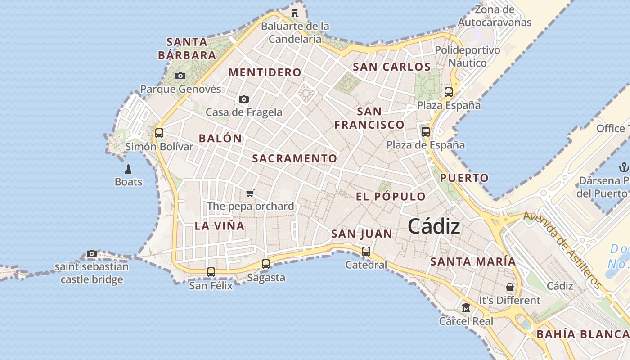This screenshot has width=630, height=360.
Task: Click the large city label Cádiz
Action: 434,226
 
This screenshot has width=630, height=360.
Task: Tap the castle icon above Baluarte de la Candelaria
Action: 295,13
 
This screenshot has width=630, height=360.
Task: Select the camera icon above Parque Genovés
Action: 180,76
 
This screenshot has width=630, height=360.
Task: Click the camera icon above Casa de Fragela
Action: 244,99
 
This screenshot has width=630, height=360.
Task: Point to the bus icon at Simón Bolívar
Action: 159,133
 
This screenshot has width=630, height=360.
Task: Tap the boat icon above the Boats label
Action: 128,169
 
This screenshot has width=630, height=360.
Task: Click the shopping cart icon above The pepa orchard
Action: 250,193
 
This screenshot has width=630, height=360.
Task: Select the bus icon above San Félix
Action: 211,272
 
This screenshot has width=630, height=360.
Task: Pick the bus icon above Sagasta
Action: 266,264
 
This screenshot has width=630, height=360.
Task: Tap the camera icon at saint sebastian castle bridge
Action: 92,254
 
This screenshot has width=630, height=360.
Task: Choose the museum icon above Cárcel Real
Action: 466,308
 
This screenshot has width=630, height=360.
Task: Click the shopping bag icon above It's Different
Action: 510,287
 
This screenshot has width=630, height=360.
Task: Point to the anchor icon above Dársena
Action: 623,168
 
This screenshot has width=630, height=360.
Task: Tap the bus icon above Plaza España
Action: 449,92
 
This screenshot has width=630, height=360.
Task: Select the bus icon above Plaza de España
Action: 426,132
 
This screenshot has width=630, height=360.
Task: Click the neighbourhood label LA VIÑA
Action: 220,226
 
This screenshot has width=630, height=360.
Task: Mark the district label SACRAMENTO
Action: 294,158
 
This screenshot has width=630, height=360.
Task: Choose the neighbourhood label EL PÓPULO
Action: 391,197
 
